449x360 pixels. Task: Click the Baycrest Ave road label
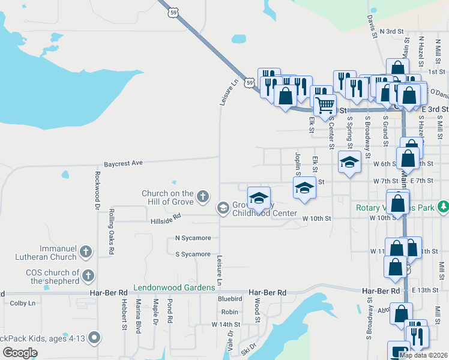(x=123, y=163)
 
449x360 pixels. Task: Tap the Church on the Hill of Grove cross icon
(x=203, y=196)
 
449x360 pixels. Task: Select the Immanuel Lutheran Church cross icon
(x=86, y=252)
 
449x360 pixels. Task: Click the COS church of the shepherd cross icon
(x=88, y=275)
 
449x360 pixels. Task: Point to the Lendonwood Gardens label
(x=174, y=287)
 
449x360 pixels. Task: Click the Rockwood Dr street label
(x=96, y=191)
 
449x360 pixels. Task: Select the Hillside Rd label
(x=165, y=221)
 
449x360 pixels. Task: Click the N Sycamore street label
(x=193, y=238)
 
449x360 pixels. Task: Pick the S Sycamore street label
(x=193, y=254)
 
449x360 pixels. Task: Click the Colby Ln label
(x=23, y=303)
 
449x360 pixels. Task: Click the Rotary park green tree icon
(x=443, y=207)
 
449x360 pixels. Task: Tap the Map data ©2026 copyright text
(x=423, y=355)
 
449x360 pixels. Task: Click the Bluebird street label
(x=230, y=298)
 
